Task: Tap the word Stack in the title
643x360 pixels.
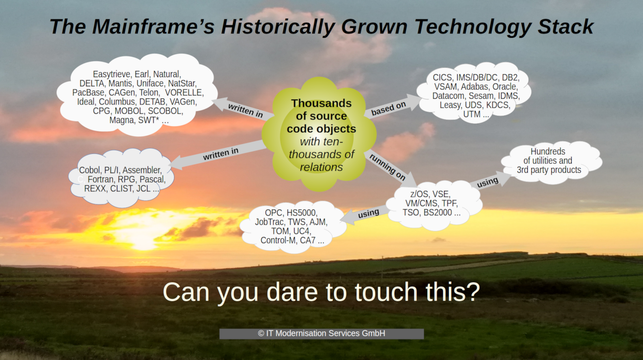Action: [565, 27]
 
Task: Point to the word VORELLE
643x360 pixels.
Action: [184, 93]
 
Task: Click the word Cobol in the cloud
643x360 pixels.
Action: [89, 170]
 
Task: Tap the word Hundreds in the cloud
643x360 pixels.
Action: [548, 151]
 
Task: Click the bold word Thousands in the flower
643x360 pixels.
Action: [321, 103]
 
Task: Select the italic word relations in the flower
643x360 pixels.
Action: [321, 167]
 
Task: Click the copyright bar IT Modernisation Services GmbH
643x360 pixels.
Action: [321, 333]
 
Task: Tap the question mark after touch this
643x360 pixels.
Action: [473, 291]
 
